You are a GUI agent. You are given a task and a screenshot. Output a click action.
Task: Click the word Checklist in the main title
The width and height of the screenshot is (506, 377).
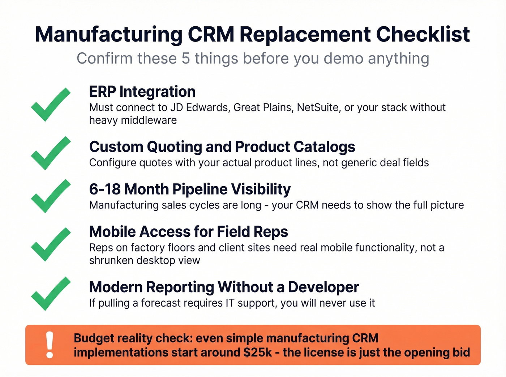[x=423, y=35]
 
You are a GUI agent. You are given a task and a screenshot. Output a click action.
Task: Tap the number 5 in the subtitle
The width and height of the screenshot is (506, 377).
[x=185, y=58]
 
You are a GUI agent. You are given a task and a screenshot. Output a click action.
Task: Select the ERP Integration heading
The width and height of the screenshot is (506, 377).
[x=142, y=92]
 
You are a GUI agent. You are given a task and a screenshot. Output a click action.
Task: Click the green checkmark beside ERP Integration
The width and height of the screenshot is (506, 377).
[x=50, y=105]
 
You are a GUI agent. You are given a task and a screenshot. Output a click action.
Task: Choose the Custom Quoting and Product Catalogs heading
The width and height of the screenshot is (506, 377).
[x=222, y=147]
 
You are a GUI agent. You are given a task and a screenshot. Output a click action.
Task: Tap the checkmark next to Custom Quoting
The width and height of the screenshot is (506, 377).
[x=50, y=153]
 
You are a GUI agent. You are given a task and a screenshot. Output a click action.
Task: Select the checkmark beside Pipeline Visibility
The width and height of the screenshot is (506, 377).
[x=50, y=196]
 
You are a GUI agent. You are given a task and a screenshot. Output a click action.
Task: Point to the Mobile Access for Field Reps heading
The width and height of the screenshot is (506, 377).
[x=188, y=232]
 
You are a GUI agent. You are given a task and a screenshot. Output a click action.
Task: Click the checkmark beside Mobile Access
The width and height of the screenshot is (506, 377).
[x=50, y=245]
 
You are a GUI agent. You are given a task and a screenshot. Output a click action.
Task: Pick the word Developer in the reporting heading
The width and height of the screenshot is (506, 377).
[x=323, y=287]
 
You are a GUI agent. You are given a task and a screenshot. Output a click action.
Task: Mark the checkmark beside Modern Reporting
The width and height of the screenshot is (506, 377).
[x=50, y=294]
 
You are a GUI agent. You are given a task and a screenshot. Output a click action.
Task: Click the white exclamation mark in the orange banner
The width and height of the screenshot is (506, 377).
[x=50, y=345]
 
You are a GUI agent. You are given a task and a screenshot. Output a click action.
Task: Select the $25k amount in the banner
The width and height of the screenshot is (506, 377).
[x=257, y=352]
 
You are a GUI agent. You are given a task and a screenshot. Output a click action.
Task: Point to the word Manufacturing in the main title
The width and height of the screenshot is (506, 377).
[x=109, y=35]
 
